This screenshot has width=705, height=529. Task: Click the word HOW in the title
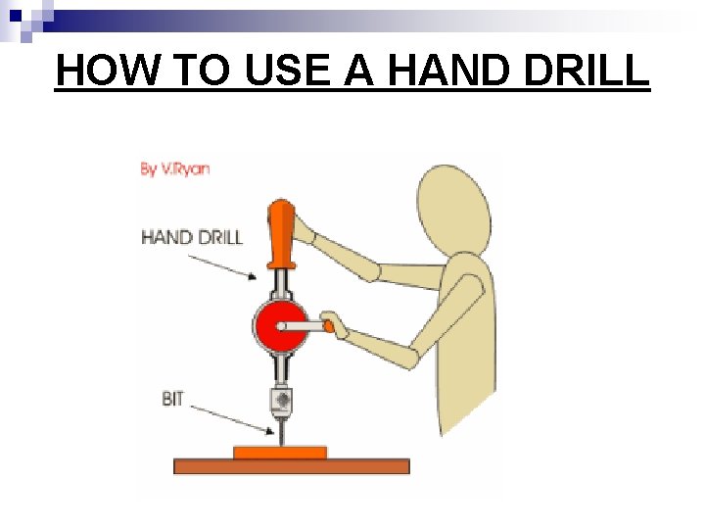pyautogui.click(x=109, y=70)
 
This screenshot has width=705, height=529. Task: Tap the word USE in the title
pyautogui.click(x=287, y=70)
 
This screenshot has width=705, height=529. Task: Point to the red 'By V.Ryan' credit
pyautogui.click(x=174, y=169)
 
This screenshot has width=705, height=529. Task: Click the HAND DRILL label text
pyautogui.click(x=192, y=237)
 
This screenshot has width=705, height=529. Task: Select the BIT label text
pyautogui.click(x=173, y=399)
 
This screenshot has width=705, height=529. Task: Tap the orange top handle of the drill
pyautogui.click(x=281, y=234)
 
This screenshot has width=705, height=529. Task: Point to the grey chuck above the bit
pyautogui.click(x=282, y=401)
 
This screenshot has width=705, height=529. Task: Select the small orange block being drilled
pyautogui.click(x=280, y=453)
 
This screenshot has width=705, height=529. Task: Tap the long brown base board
pyautogui.click(x=292, y=466)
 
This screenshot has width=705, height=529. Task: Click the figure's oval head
pyautogui.click(x=454, y=211)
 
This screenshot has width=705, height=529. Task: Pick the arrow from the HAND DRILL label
pyautogui.click(x=222, y=267)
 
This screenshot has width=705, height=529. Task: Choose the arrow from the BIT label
pyautogui.click(x=232, y=420)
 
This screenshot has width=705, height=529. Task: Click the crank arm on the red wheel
pyautogui.click(x=302, y=326)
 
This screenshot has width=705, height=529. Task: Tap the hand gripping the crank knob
pyautogui.click(x=335, y=325)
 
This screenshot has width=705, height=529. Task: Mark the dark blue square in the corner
pyautogui.click(x=16, y=16)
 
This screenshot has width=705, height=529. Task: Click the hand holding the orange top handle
pyautogui.click(x=304, y=230)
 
